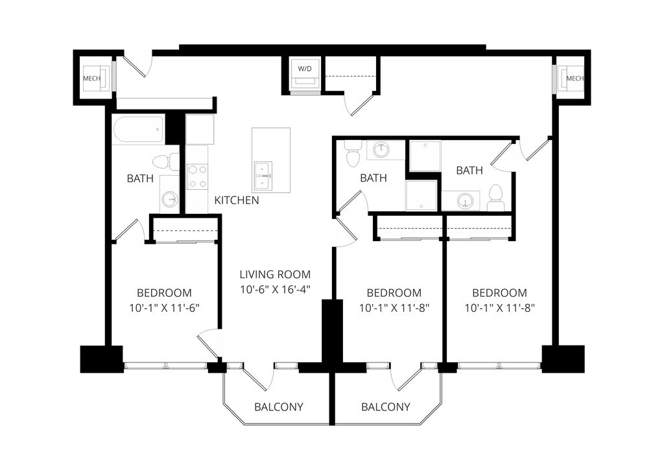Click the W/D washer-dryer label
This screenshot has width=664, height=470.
(x=303, y=68)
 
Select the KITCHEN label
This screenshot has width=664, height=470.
(x=237, y=200)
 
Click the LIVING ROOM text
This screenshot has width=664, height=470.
(x=275, y=274)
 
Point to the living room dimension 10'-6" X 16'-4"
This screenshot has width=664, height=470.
(x=275, y=290)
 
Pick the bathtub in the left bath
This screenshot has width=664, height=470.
(x=137, y=130)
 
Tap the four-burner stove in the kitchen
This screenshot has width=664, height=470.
(x=197, y=176)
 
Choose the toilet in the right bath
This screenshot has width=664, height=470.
(x=496, y=197)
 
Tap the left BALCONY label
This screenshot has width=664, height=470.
(x=278, y=407)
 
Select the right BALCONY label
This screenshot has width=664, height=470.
(x=385, y=407)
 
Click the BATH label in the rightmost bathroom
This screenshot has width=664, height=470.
(x=469, y=170)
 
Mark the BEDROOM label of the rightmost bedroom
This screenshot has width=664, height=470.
(x=499, y=292)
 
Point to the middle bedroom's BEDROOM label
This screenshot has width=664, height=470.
(x=394, y=292)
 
